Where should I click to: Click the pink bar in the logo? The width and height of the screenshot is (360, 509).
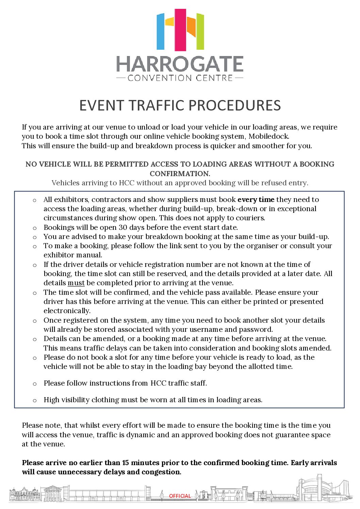pyautogui.click(x=180, y=30)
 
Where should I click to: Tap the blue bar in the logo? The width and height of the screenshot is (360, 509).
pyautogui.click(x=160, y=32)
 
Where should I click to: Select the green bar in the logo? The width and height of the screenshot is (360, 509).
pyautogui.click(x=200, y=32)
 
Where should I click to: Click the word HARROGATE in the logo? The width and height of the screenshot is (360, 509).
pyautogui.click(x=180, y=64)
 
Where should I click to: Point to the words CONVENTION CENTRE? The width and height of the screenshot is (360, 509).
pyautogui.click(x=180, y=78)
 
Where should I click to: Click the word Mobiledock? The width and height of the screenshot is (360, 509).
pyautogui.click(x=269, y=136)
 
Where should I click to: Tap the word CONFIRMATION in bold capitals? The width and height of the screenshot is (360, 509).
pyautogui.click(x=180, y=173)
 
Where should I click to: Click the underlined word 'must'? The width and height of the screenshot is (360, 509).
pyautogui.click(x=76, y=283)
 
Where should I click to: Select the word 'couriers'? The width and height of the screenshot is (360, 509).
pyautogui.click(x=250, y=218)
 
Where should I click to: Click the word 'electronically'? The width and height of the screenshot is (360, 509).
pyautogui.click(x=67, y=311)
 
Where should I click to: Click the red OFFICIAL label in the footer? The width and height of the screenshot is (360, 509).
pyautogui.click(x=180, y=496)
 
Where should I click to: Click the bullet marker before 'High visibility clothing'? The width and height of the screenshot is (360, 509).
pyautogui.click(x=34, y=401)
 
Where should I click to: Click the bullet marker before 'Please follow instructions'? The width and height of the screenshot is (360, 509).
pyautogui.click(x=34, y=384)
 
